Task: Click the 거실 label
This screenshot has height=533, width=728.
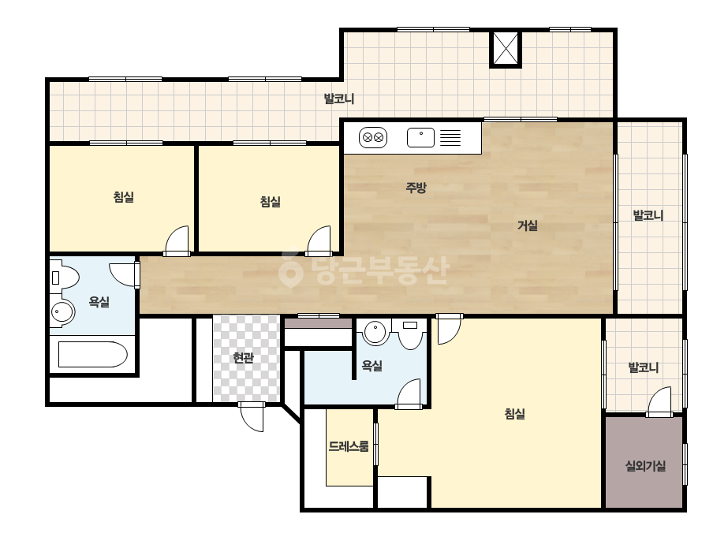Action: tap(528, 225)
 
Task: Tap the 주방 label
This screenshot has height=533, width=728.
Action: tap(416, 188)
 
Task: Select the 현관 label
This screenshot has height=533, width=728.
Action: tap(243, 358)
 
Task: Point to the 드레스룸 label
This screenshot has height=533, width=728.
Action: tap(349, 446)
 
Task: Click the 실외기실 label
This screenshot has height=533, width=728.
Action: tap(645, 466)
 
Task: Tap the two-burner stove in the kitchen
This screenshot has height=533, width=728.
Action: tap(373, 138)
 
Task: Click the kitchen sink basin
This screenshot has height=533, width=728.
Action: tap(420, 137)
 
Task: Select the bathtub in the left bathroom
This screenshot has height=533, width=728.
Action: tap(93, 355)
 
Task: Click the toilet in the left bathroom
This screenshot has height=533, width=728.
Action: tap(65, 278)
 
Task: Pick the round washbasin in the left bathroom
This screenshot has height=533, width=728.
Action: tap(62, 311)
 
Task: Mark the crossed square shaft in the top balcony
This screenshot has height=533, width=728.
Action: tap(506, 48)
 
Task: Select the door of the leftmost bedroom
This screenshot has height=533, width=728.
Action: tap(177, 241)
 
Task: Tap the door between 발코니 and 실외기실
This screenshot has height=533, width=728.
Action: tap(659, 401)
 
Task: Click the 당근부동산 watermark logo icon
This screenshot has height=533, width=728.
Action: tap(290, 270)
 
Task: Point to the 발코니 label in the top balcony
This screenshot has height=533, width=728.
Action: tap(339, 99)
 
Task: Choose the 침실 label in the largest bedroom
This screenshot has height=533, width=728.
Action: tap(514, 414)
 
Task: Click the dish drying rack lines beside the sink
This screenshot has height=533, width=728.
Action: tap(450, 138)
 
